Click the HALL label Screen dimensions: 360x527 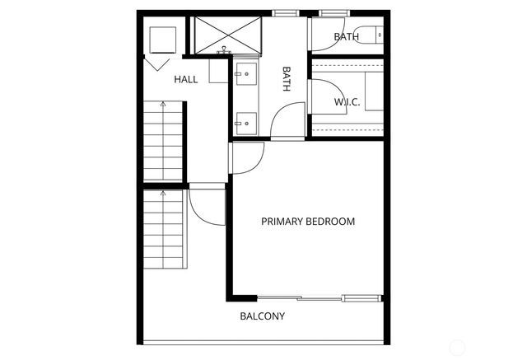(x=185, y=80)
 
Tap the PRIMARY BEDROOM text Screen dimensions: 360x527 (x=308, y=222)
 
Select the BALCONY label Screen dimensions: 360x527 (x=262, y=316)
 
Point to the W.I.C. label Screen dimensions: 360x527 (x=347, y=102)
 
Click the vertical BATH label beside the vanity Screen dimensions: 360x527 (x=287, y=79)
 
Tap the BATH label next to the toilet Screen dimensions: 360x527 (x=346, y=37)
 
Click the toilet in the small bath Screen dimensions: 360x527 (x=375, y=35)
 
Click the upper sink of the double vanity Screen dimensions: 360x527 (x=244, y=73)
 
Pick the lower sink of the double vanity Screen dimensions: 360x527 (x=244, y=124)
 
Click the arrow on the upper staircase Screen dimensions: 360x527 (x=162, y=105)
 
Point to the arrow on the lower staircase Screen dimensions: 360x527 (x=162, y=195)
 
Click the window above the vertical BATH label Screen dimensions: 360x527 (x=286, y=13)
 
